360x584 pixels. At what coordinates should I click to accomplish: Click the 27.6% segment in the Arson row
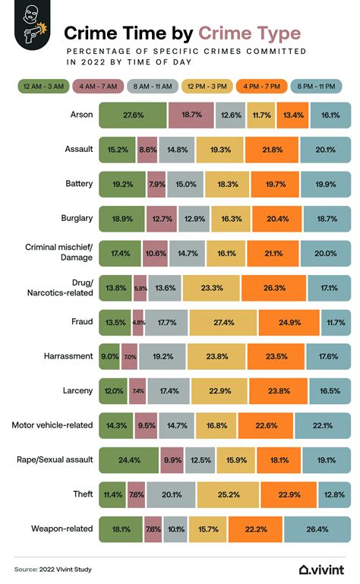(x=133, y=115)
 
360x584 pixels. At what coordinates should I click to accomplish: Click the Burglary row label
(x=76, y=218)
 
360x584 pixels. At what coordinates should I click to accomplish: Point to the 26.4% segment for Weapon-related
(x=317, y=528)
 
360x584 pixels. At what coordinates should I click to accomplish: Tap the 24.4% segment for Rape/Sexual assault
(x=129, y=459)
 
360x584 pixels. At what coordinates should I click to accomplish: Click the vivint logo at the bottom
(x=322, y=568)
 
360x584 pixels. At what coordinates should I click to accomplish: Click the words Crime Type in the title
(x=249, y=33)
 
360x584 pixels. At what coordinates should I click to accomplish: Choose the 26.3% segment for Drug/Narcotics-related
(x=273, y=287)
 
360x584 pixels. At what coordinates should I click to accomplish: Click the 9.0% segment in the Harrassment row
(x=109, y=355)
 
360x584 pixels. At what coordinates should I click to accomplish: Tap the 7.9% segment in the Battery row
(x=156, y=183)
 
